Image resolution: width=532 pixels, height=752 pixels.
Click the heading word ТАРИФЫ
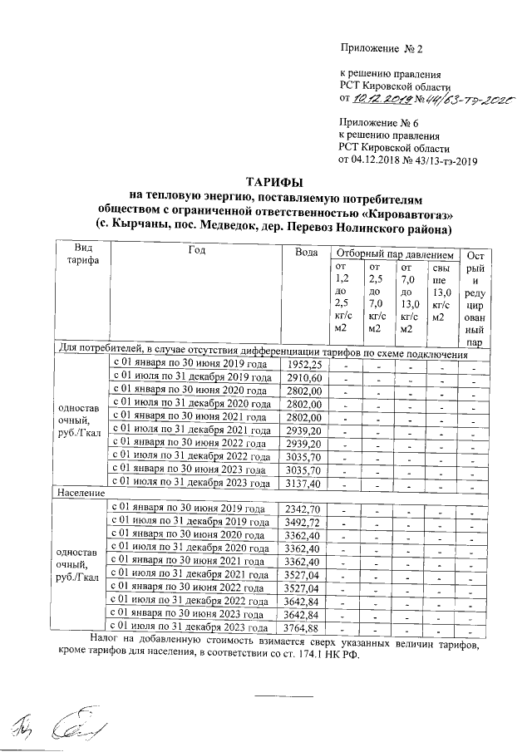(x=274, y=182)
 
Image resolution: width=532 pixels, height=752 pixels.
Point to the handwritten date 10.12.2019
(x=378, y=99)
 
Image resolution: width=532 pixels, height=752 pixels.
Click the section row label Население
(x=79, y=494)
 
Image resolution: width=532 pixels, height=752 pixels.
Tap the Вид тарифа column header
(x=82, y=255)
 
